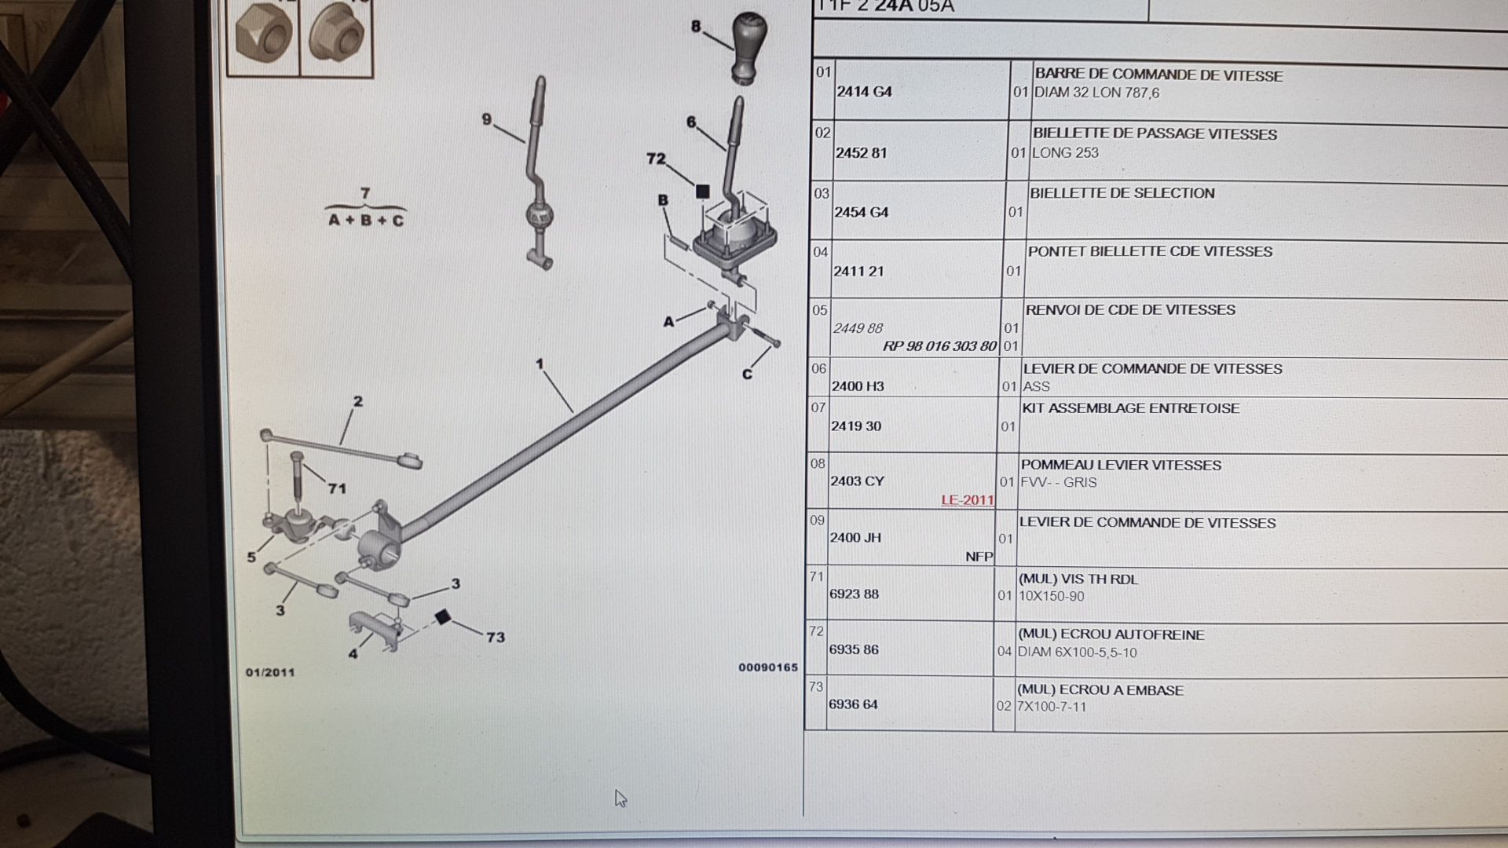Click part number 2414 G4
coord(864,91)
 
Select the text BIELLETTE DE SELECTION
coord(1122,193)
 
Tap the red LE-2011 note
coord(968,500)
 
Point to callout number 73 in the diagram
coord(496,637)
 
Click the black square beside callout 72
coord(702,191)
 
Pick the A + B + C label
coord(366,221)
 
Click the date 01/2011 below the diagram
coord(270,672)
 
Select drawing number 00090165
coord(768,667)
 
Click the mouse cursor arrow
coord(620,798)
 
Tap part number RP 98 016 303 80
coord(939,346)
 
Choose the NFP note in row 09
coord(979,557)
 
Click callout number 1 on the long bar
coord(540,364)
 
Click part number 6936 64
coord(854,704)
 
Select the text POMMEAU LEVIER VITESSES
coord(1121,465)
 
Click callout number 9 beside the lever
coord(487,119)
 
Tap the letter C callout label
coord(747,374)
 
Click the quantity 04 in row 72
coord(1005,651)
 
